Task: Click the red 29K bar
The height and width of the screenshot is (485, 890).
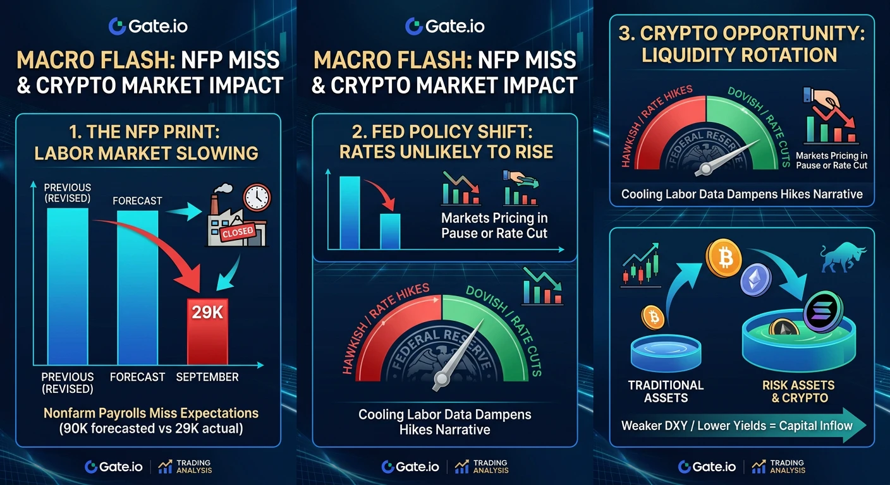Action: click(207, 332)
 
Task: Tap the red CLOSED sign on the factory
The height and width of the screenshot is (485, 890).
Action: click(238, 232)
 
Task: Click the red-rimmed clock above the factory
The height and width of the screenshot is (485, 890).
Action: click(257, 197)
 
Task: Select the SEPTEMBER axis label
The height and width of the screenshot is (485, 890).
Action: click(207, 377)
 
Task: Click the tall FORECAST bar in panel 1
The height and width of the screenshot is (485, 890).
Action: click(137, 287)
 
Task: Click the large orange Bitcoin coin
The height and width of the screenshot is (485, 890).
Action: click(724, 258)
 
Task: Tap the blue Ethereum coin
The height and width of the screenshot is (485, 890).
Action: click(755, 280)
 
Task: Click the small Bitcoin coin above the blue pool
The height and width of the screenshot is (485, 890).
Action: click(653, 317)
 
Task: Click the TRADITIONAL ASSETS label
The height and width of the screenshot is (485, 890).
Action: click(666, 392)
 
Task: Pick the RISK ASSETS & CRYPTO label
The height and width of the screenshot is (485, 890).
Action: click(798, 392)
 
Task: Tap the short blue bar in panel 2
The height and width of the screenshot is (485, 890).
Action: click(390, 231)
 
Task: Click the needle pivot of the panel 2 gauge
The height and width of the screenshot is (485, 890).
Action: click(441, 379)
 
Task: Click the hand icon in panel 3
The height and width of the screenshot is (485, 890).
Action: click(822, 98)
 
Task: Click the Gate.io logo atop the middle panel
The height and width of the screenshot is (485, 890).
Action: click(444, 26)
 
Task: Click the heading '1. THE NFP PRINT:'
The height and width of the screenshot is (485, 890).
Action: click(144, 132)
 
